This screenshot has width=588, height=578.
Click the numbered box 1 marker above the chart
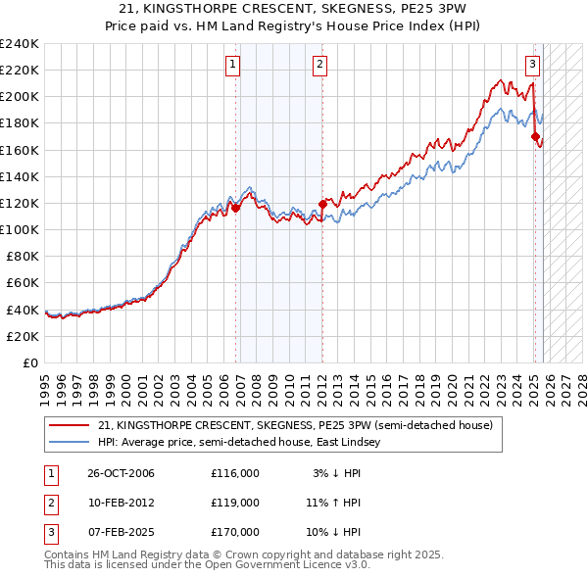click(233, 66)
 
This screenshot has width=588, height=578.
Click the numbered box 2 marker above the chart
click(320, 66)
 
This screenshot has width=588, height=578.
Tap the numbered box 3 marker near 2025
click(532, 66)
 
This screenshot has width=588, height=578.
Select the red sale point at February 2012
click(322, 205)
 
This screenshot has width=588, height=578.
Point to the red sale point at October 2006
click(236, 208)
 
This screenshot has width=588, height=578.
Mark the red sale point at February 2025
click(535, 137)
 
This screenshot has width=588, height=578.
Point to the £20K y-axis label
click(23, 336)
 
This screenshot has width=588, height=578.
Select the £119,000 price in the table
click(234, 503)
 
